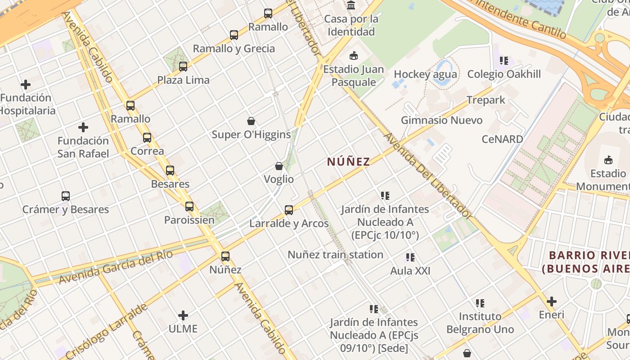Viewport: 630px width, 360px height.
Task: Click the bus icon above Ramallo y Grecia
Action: point(234,35)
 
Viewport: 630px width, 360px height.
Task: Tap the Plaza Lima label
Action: point(183,80)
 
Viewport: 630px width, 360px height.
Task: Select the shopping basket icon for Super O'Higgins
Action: point(251,121)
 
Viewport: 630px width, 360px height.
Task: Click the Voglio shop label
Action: point(279,179)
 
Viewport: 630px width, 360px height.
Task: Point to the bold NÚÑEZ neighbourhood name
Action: point(348,162)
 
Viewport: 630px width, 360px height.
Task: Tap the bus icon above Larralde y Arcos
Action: point(289,210)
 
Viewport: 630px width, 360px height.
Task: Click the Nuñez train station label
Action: point(335,255)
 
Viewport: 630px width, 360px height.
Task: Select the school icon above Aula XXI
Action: point(410,257)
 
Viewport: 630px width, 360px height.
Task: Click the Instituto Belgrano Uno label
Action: point(480,323)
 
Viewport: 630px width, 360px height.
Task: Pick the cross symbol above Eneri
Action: point(552,301)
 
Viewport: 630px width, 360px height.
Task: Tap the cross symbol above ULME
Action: point(183,315)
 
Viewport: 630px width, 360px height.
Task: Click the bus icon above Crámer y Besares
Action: point(66,196)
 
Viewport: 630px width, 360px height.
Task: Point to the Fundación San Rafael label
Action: point(83,147)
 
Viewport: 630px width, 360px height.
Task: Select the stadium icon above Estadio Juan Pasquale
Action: point(354,56)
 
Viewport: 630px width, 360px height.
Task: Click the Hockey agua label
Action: point(425,74)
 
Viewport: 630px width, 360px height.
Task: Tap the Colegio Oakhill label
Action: point(504,74)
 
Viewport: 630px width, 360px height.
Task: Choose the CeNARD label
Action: point(502,139)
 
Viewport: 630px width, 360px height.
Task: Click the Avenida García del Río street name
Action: point(116,267)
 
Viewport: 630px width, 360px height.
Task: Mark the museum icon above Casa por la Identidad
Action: point(351,5)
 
